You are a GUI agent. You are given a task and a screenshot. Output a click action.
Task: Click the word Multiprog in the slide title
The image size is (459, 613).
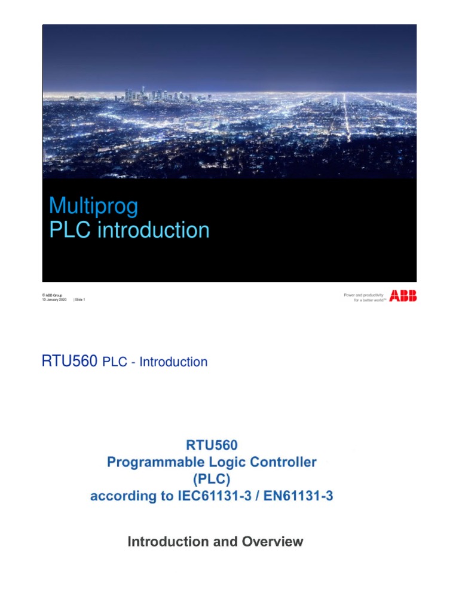click(x=93, y=207)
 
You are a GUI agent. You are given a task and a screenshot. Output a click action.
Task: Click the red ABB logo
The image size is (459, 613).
click(x=403, y=295)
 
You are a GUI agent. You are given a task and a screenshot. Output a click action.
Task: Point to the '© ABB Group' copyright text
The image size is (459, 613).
click(x=52, y=295)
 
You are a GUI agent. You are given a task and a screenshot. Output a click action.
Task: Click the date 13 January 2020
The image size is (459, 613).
click(x=54, y=300)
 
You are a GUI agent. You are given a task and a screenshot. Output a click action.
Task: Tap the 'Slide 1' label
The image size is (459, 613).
click(x=79, y=300)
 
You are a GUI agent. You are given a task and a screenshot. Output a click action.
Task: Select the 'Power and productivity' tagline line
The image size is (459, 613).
click(x=364, y=295)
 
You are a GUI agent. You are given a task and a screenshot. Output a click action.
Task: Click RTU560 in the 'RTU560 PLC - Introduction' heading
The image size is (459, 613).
click(x=69, y=362)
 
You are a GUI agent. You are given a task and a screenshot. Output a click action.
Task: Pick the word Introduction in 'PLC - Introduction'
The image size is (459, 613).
click(x=173, y=362)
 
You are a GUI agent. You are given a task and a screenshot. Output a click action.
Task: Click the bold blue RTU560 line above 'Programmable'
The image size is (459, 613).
click(x=212, y=445)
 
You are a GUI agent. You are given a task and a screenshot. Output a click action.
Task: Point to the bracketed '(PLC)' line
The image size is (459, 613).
click(x=212, y=479)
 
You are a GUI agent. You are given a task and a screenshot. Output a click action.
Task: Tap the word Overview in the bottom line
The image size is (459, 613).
click(x=273, y=542)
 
